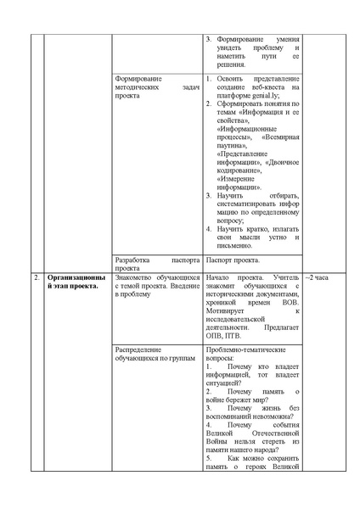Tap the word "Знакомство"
pos(138,277)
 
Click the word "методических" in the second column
pos(138,87)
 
